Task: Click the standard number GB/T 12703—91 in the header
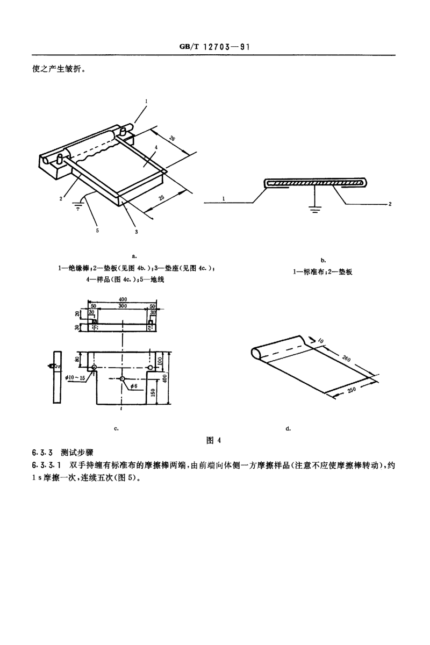(214, 47)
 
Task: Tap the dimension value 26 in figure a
(172, 138)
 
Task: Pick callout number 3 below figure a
(137, 232)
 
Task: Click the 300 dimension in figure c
(124, 305)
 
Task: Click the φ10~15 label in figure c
(75, 378)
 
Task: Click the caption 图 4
(214, 440)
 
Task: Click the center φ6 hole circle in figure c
(123, 378)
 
